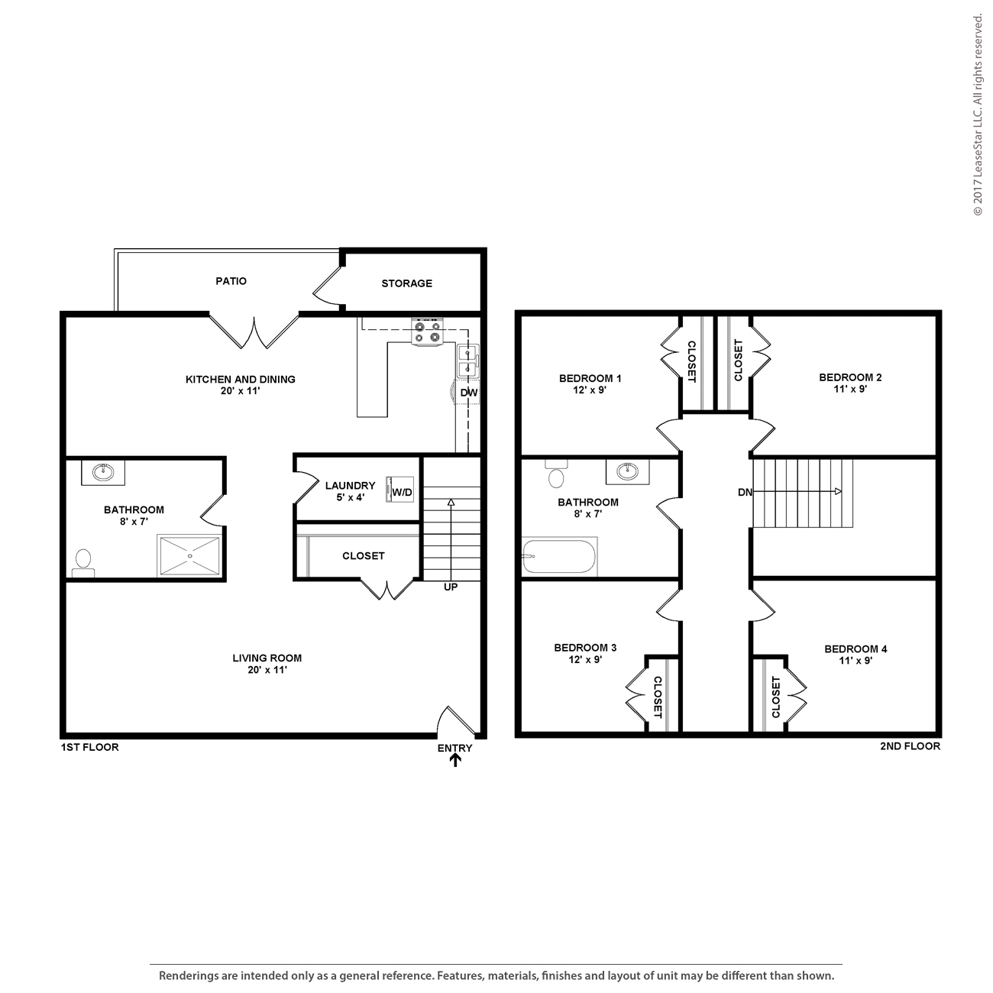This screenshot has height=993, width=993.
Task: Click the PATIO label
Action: click(231, 281)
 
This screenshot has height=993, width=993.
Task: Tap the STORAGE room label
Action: click(406, 283)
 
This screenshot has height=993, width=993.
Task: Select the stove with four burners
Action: click(426, 332)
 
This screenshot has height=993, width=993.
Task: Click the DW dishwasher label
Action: click(468, 393)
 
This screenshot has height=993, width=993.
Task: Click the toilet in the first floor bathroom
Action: click(82, 562)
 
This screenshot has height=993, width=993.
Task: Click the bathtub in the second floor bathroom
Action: click(559, 557)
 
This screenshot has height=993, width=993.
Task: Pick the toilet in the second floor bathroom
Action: click(557, 475)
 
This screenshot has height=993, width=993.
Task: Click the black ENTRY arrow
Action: click(455, 760)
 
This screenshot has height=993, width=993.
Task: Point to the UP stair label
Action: click(451, 587)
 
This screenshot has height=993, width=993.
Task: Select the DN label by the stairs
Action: click(745, 493)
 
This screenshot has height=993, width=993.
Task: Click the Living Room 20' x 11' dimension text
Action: click(267, 670)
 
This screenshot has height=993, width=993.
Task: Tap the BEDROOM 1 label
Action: click(590, 378)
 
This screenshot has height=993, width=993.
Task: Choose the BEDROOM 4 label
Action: click(856, 649)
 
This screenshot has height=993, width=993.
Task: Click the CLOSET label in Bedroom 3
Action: click(657, 697)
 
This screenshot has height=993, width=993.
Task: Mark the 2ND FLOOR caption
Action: click(910, 746)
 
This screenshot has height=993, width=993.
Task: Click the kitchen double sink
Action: click(467, 361)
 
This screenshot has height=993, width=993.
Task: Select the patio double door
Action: click(254, 330)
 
